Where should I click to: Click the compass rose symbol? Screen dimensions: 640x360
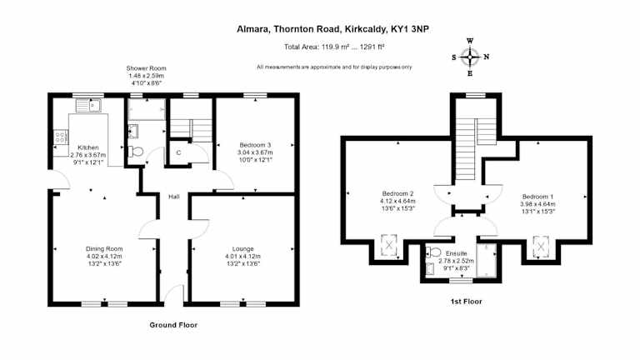tap(470, 57)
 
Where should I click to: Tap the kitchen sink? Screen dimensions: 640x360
tap(88, 106)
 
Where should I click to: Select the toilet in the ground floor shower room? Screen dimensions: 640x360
tap(136, 152)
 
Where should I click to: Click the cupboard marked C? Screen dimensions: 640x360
tap(179, 152)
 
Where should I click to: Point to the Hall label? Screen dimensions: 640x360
tap(174, 197)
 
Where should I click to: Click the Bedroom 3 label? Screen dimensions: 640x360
tap(255, 145)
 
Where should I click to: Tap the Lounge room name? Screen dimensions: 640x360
tap(242, 249)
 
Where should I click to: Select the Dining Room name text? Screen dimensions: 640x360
tap(104, 249)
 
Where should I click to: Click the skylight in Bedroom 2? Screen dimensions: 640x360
tap(389, 245)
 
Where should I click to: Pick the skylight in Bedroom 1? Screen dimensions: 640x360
tap(541, 247)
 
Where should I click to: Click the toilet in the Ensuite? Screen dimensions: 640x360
tap(433, 252)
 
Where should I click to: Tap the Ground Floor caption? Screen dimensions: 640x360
tap(173, 325)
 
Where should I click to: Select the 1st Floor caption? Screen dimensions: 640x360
tap(466, 302)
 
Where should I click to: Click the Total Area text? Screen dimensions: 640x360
tap(334, 47)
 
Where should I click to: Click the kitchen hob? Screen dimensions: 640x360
tap(60, 137)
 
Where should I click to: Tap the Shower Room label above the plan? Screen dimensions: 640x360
tap(146, 68)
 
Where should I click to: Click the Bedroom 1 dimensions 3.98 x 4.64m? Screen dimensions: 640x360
tap(537, 204)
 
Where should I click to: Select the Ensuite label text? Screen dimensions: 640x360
tap(457, 253)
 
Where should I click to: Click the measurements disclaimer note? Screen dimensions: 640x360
tap(334, 67)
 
